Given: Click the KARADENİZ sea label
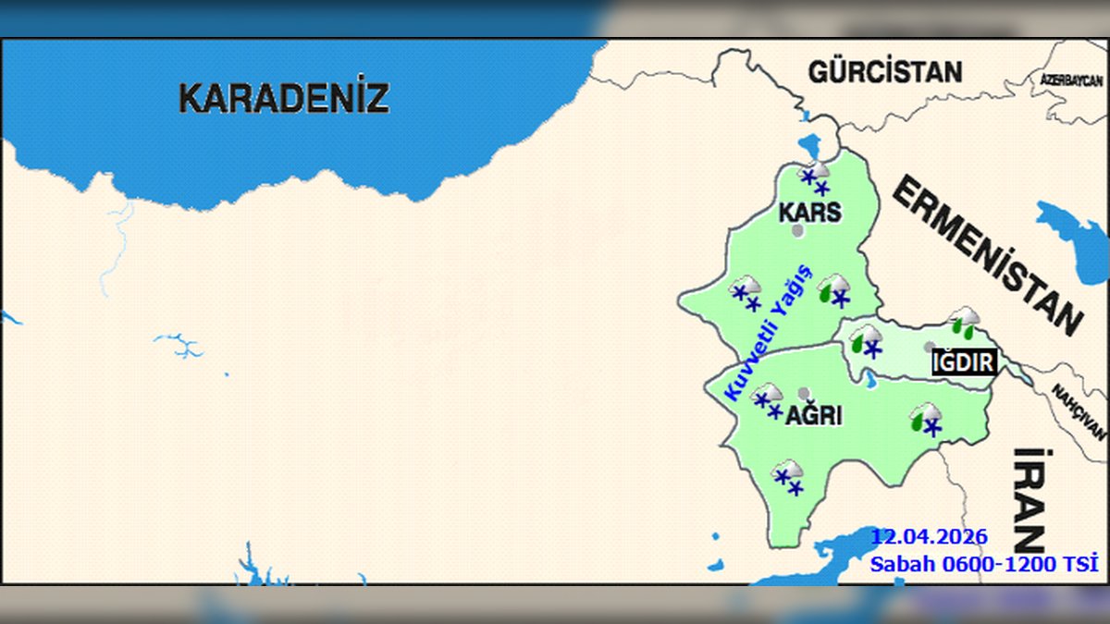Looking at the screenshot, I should click(x=283, y=97).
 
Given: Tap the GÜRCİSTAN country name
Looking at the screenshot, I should click(x=885, y=71).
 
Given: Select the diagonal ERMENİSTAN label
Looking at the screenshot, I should click(x=986, y=254).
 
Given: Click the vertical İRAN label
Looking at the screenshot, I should click(x=1029, y=499).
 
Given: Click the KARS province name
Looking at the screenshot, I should click(x=810, y=212).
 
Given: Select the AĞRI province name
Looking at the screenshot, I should click(x=813, y=416).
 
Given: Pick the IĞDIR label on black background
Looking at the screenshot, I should click(x=964, y=361).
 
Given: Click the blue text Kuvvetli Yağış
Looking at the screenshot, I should click(x=767, y=333).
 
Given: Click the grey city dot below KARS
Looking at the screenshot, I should click(x=797, y=229).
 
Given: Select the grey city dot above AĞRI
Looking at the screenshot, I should click(x=804, y=393).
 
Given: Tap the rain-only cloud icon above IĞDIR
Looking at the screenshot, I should click(x=965, y=321).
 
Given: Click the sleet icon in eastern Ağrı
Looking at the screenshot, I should click(x=926, y=419).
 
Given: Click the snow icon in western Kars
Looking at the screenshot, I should click(x=746, y=292).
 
